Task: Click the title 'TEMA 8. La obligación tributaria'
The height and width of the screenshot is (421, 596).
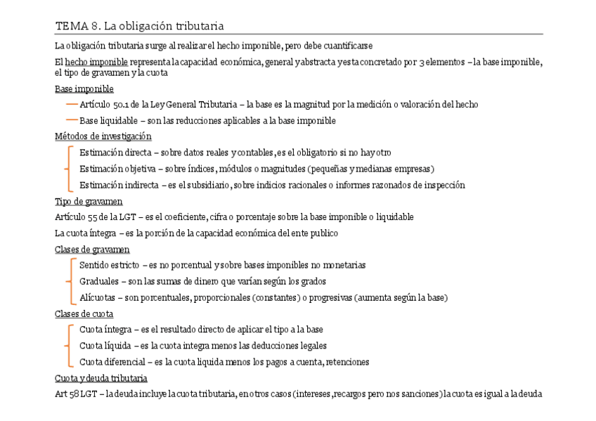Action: (x=139, y=27)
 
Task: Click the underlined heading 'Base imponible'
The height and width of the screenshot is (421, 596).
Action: (x=84, y=89)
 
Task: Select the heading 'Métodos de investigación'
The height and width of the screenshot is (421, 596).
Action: (x=103, y=136)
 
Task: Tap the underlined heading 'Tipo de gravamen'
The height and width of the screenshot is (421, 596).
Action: (x=89, y=202)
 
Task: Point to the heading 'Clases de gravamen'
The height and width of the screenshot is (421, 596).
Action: (x=92, y=250)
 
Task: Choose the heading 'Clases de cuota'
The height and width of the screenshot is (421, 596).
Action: (x=84, y=314)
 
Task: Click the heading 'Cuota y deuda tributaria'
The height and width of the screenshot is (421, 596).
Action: (x=101, y=379)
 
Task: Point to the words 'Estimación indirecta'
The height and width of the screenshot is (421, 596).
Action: (x=119, y=186)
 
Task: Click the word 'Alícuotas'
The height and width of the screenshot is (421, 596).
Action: (x=98, y=298)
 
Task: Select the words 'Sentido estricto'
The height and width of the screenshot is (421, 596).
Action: (x=109, y=266)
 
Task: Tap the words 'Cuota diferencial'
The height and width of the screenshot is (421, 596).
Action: (x=111, y=363)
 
